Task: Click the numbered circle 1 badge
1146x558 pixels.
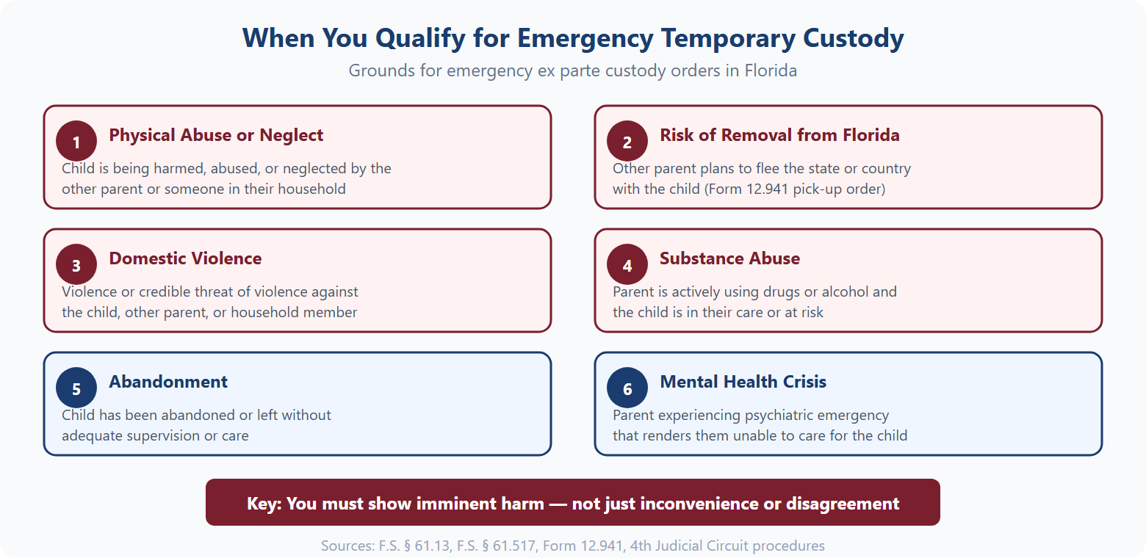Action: pyautogui.click(x=76, y=142)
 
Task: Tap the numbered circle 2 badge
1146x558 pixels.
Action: pyautogui.click(x=627, y=142)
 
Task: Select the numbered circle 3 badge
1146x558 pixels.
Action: pyautogui.click(x=76, y=265)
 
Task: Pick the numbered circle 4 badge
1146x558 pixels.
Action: pyautogui.click(x=627, y=265)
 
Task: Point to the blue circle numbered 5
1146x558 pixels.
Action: pyautogui.click(x=76, y=388)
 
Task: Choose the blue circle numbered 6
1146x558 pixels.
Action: pyautogui.click(x=627, y=388)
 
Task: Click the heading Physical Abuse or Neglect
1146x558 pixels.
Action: pyautogui.click(x=216, y=135)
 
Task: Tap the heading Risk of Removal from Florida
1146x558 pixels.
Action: pyautogui.click(x=779, y=135)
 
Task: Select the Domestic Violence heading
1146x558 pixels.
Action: pyautogui.click(x=185, y=258)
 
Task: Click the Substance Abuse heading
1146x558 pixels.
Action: pyautogui.click(x=729, y=258)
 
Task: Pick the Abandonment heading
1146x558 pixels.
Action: pyautogui.click(x=168, y=382)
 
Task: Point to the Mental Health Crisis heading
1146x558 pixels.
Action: pyautogui.click(x=743, y=382)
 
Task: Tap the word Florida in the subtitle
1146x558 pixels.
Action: pyautogui.click(x=771, y=71)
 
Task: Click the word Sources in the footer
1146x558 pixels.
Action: pyautogui.click(x=347, y=546)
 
